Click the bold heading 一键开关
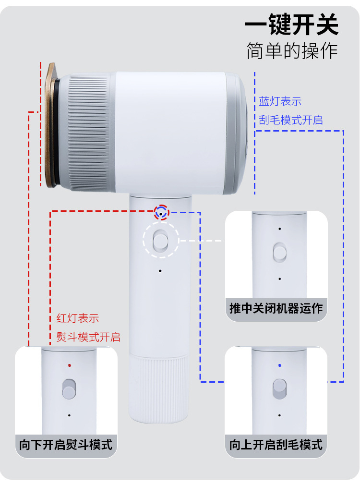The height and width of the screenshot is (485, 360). tap(291, 25)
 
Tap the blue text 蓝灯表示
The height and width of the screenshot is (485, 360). tap(280, 102)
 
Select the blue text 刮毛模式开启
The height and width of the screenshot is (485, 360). tap(291, 120)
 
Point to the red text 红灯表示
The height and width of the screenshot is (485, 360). tap(78, 318)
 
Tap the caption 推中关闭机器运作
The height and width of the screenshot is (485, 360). tap(276, 308)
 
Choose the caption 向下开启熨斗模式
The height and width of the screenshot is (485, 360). tap(66, 444)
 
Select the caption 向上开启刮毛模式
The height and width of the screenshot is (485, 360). tap(276, 444)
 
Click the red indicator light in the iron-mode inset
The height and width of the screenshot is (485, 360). tap(70, 365)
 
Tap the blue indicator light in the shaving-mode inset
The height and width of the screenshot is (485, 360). tap(280, 365)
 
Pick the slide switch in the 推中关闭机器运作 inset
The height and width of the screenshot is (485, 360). tap(279, 253)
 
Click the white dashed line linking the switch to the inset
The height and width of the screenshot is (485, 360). tap(202, 240)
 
